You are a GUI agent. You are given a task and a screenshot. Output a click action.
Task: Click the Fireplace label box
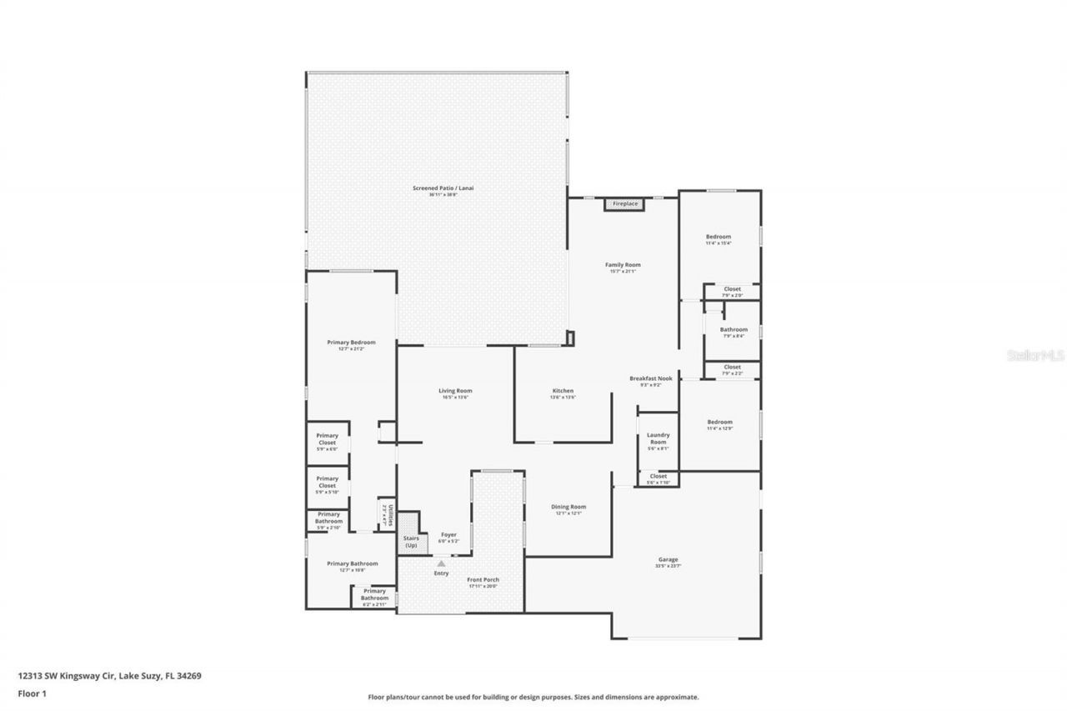point(625,203)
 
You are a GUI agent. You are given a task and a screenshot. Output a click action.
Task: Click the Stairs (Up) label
point(411,542)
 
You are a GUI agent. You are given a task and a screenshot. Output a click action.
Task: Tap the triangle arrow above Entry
point(441,563)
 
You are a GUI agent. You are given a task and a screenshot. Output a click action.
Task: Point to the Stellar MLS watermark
point(1036,355)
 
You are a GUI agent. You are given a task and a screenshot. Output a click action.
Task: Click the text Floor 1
point(33,693)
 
